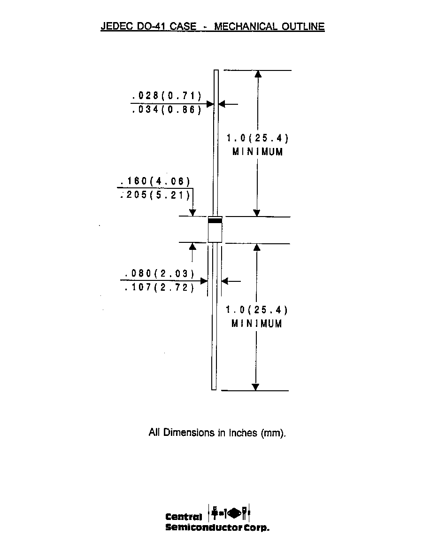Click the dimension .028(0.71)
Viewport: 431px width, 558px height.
[167, 95]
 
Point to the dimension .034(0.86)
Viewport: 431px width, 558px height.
[167, 109]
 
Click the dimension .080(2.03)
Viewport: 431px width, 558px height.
[160, 273]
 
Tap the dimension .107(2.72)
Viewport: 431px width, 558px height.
[160, 287]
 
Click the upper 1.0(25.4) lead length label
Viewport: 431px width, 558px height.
[257, 138]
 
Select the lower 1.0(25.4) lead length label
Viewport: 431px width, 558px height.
[257, 310]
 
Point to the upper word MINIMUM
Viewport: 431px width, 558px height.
[257, 152]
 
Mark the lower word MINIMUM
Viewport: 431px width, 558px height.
[257, 324]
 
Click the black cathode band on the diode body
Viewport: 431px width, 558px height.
[215, 221]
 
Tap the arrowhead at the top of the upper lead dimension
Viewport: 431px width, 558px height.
[258, 74]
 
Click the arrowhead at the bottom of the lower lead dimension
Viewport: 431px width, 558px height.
[255, 387]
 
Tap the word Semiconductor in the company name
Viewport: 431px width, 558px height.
[204, 527]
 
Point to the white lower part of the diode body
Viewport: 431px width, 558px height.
[215, 233]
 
